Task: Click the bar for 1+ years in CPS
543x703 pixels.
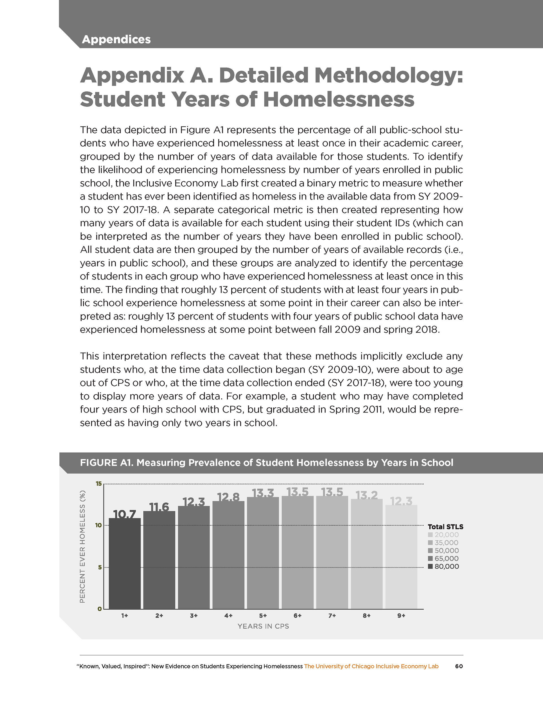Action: (124, 563)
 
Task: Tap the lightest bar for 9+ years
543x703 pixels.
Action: (401, 557)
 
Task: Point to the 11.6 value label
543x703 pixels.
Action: (159, 507)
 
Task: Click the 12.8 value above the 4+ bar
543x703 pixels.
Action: (228, 497)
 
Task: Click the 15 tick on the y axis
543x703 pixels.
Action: (98, 483)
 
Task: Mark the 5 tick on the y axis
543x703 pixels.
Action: (100, 567)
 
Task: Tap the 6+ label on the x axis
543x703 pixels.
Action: (298, 616)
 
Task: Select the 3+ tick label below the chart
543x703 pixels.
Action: (193, 616)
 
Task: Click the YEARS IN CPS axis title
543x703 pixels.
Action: (263, 626)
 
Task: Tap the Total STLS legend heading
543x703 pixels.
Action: (445, 526)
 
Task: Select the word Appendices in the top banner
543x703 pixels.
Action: (116, 39)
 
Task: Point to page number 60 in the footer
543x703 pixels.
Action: (459, 666)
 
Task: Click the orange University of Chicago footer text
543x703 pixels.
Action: (371, 666)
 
